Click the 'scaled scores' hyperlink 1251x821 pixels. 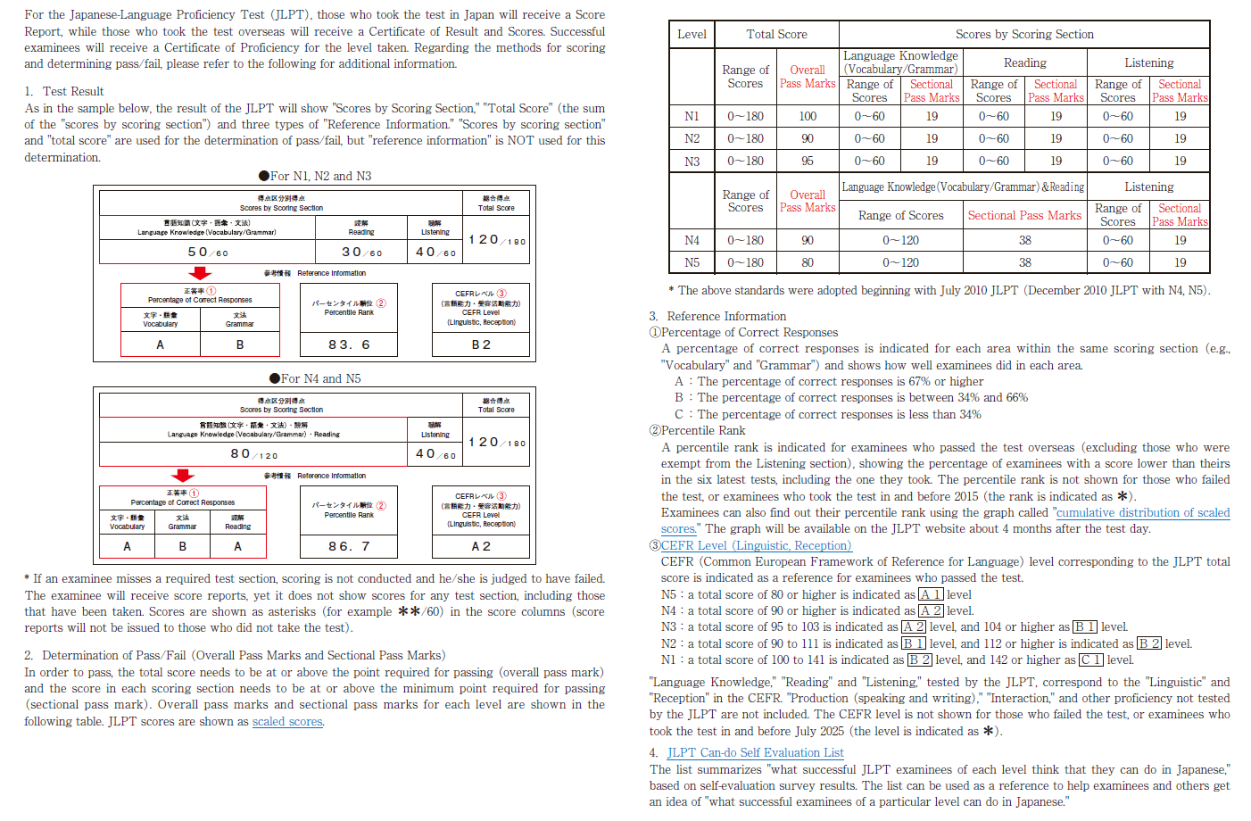point(286,721)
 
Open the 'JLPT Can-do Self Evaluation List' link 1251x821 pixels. point(755,752)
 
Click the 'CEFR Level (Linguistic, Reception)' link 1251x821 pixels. point(756,545)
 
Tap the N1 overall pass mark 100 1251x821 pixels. point(808,116)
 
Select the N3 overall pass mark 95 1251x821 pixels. point(808,161)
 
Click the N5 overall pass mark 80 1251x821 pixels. point(808,262)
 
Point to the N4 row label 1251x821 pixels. point(692,240)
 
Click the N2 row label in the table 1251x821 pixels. point(692,138)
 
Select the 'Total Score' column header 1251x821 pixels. point(776,34)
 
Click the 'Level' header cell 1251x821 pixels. point(692,34)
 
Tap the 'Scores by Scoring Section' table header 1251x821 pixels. point(1024,34)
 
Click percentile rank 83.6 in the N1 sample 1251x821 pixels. point(349,344)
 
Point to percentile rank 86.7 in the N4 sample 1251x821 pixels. point(349,546)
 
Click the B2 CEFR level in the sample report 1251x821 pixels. point(481,344)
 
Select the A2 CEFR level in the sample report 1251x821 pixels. point(481,546)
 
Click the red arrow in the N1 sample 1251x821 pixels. point(201,273)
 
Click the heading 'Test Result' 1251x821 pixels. point(73,91)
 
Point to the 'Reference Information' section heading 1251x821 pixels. point(726,316)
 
